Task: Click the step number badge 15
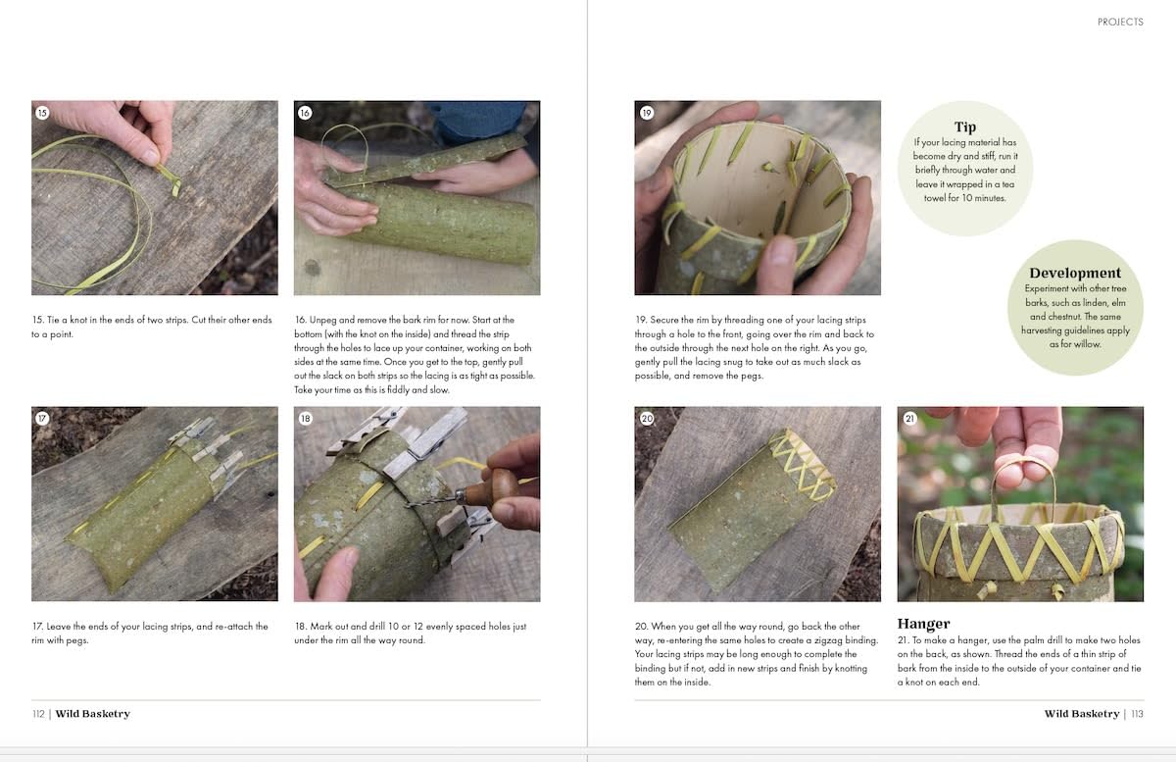coord(42,113)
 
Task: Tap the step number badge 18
coord(305,419)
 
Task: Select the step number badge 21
coord(909,419)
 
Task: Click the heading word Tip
coord(964,127)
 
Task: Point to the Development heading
coord(1074,274)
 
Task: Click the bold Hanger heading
coord(923,624)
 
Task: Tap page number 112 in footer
coord(38,714)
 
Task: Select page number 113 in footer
coord(1137,714)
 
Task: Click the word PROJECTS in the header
coord(1119,22)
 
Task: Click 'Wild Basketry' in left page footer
coord(92,714)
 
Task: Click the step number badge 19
coord(646,113)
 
